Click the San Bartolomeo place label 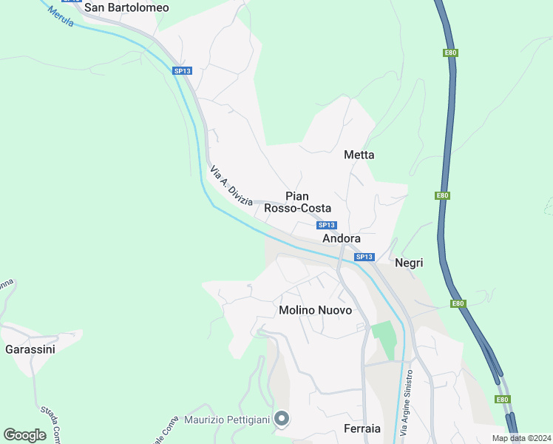coord(126,8)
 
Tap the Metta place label coord(359,155)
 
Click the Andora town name coord(342,239)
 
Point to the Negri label coord(409,263)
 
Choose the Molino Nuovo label coord(315,310)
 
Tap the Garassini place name coord(30,349)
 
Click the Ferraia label coord(362,428)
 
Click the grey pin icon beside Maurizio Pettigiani coord(282,420)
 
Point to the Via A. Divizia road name coord(231,186)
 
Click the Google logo coord(24,435)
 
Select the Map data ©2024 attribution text coord(520,438)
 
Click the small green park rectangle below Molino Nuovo coord(384,340)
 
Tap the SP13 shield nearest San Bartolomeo coord(182,71)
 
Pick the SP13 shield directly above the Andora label coord(327,225)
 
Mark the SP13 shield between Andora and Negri coord(364,257)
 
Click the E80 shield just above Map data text coord(502,400)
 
